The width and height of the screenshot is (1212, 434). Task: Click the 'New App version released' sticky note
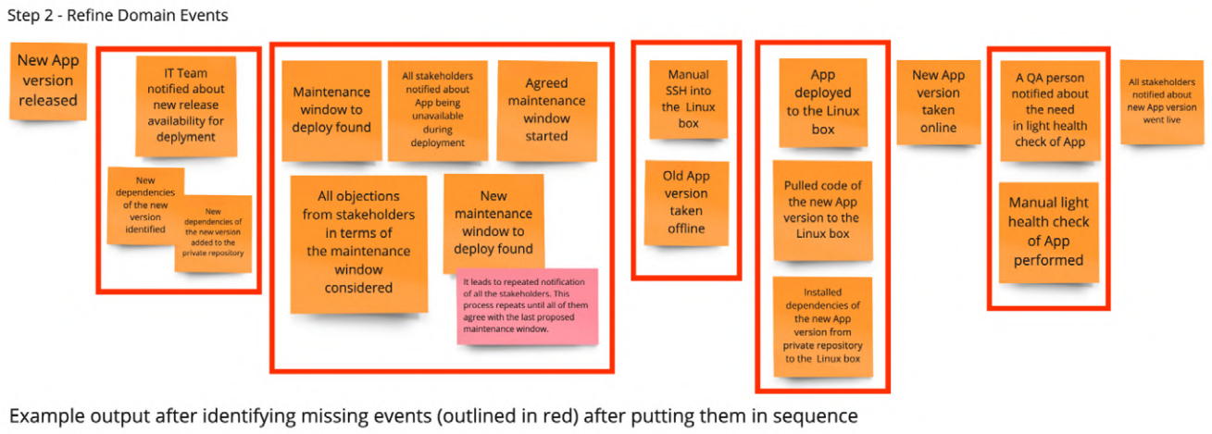point(48,81)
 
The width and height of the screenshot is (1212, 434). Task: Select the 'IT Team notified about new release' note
point(186,105)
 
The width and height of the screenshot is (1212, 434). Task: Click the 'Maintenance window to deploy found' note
point(331,109)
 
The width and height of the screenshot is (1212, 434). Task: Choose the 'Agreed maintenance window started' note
point(546,109)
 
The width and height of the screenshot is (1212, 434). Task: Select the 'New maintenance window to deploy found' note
point(494,222)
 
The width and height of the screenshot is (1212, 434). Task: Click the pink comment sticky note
point(527,304)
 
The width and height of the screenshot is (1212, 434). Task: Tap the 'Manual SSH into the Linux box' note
point(687,98)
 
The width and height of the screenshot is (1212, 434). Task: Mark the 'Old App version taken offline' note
point(685,202)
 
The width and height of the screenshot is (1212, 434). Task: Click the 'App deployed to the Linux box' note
point(823,102)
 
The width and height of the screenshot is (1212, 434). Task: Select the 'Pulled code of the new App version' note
point(823,210)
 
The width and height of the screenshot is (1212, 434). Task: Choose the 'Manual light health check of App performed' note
point(1048,231)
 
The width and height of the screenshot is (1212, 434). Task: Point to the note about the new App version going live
point(1160,102)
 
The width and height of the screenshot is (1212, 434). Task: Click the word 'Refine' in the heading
point(91,16)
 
